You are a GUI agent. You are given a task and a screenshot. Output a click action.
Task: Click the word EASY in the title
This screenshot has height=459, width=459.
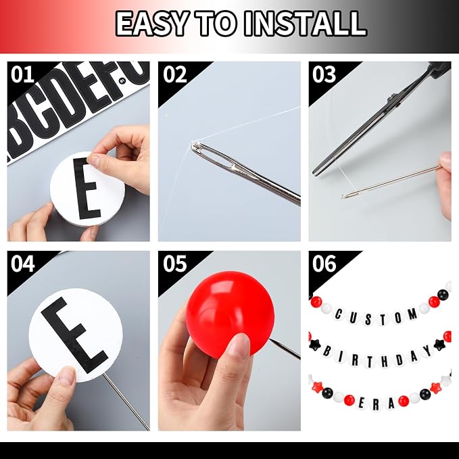tap(151, 24)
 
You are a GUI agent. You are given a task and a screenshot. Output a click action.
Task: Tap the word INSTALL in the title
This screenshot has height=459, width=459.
tap(305, 24)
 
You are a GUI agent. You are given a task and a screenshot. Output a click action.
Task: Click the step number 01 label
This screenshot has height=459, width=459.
tap(22, 74)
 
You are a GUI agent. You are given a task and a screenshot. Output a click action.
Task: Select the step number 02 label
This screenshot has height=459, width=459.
tap(175, 74)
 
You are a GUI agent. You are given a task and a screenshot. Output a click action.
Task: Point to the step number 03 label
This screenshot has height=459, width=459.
tap(324, 74)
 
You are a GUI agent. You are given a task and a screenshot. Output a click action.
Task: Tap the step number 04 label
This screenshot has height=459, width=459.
tap(22, 264)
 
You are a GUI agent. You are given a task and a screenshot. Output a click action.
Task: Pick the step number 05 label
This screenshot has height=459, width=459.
tap(175, 264)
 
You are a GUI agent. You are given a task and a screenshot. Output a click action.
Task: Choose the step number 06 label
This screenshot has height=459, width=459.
tap(324, 264)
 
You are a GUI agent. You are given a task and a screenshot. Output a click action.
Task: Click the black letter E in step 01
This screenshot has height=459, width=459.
tap(86, 188)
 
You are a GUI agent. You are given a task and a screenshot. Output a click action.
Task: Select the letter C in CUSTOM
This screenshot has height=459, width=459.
tap(339, 315)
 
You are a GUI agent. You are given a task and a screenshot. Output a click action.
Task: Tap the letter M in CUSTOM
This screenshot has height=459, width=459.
tap(413, 314)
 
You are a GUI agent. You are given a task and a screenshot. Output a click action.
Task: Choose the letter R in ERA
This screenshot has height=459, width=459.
tap(376, 406)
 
